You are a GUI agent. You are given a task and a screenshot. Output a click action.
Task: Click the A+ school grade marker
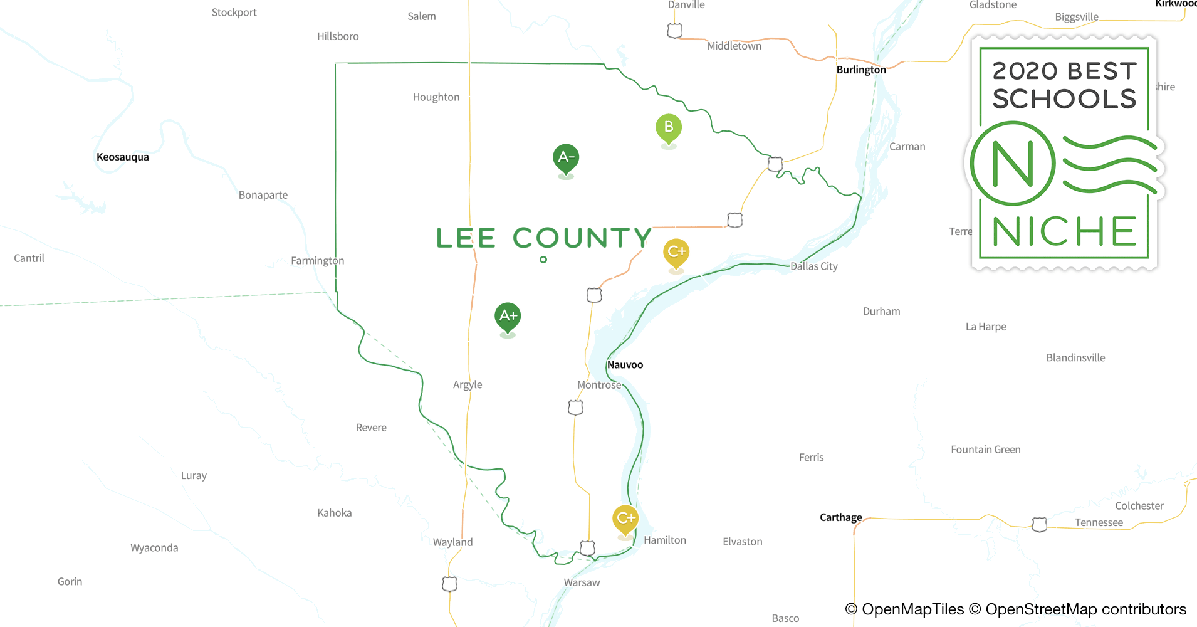(x=508, y=316)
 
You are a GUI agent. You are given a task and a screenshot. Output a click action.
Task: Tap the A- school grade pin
(x=566, y=157)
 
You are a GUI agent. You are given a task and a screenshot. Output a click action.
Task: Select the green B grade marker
(x=669, y=127)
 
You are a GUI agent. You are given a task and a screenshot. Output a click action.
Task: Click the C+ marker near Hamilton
(x=625, y=519)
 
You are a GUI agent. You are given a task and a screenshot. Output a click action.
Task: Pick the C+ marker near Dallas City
(x=676, y=252)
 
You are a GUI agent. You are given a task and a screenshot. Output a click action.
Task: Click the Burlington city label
(x=861, y=70)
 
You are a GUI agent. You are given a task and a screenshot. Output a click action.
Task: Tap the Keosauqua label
(x=123, y=157)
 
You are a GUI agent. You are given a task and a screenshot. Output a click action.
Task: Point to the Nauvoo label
(x=625, y=364)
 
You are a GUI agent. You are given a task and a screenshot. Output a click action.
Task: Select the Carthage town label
(x=840, y=517)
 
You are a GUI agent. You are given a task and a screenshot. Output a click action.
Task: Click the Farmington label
(x=317, y=260)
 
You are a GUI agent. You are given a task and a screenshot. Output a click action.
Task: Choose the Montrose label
(x=599, y=385)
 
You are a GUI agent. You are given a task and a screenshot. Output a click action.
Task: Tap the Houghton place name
(x=436, y=97)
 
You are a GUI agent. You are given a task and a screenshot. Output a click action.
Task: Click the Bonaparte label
(x=263, y=195)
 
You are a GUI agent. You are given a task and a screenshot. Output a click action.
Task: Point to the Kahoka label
(x=335, y=513)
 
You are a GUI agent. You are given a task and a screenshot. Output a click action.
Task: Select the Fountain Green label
(x=985, y=450)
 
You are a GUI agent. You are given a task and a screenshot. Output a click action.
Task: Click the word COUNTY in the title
(x=582, y=238)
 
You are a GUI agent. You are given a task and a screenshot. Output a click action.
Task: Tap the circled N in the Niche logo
(x=1012, y=164)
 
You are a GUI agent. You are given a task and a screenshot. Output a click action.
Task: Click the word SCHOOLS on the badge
(x=1064, y=99)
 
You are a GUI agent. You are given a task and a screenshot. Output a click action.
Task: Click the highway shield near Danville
(x=675, y=31)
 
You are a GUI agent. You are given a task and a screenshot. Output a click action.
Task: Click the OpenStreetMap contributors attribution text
(x=1085, y=609)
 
